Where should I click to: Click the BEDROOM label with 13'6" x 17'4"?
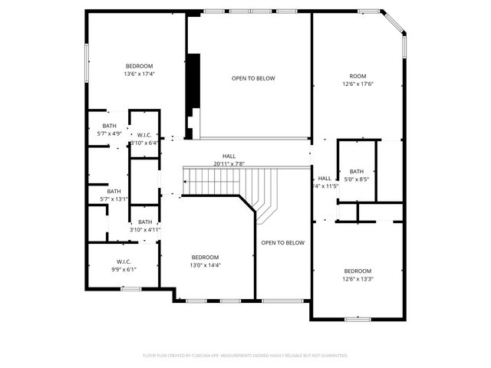click(140, 65)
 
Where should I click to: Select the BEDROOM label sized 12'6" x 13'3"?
click(358, 271)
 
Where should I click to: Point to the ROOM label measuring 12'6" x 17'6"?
click(358, 76)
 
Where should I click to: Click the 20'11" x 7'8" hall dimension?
click(229, 164)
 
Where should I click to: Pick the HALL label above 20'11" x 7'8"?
click(229, 156)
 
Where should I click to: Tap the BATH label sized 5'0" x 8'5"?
click(357, 171)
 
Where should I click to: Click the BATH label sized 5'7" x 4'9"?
click(110, 126)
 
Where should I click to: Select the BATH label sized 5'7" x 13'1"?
click(114, 191)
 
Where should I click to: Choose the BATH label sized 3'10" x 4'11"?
click(145, 222)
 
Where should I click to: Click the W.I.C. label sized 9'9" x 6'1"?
click(124, 261)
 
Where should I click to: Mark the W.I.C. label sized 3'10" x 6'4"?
click(144, 135)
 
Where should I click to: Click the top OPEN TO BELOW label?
click(253, 78)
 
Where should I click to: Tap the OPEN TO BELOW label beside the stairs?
click(282, 243)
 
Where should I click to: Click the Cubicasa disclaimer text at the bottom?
click(245, 356)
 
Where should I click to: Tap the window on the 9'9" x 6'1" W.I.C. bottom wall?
click(130, 288)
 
